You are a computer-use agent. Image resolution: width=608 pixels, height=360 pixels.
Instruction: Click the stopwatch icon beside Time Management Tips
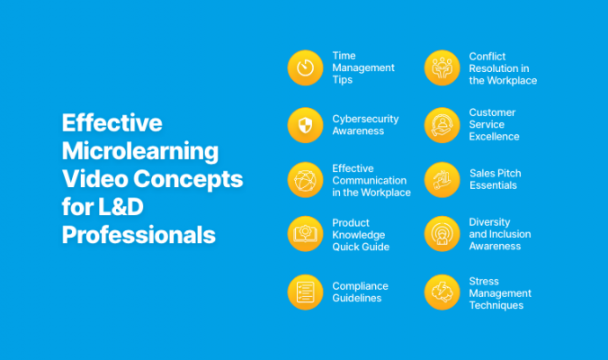tap(305, 68)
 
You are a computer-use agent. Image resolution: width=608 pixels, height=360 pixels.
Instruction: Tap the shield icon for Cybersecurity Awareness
tap(305, 124)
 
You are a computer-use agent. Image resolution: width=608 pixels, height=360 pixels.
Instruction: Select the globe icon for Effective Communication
tap(305, 180)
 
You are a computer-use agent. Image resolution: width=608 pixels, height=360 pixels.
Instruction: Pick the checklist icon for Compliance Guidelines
tap(305, 292)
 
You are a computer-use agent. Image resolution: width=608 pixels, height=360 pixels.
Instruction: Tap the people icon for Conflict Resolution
tap(442, 68)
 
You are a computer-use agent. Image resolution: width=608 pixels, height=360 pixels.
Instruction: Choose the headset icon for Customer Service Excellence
tap(442, 124)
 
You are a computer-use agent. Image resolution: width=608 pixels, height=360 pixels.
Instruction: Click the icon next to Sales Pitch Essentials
tap(442, 180)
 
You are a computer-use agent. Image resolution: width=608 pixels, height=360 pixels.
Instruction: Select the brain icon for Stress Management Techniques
tap(442, 292)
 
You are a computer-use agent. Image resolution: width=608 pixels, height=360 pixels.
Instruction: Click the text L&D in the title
tap(112, 207)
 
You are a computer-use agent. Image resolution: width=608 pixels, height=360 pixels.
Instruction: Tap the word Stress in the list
tap(484, 281)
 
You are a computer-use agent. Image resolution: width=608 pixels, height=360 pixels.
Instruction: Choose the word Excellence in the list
tap(494, 137)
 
